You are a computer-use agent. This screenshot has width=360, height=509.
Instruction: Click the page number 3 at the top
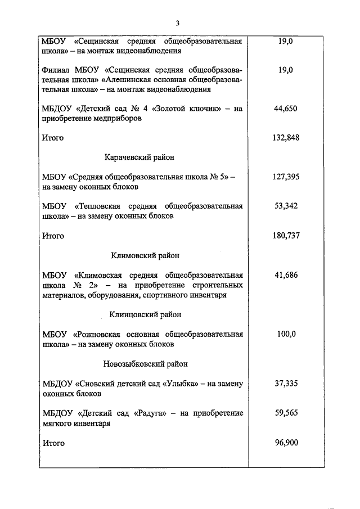pyautogui.click(x=177, y=23)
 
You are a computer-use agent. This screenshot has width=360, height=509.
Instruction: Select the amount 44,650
pyautogui.click(x=286, y=109)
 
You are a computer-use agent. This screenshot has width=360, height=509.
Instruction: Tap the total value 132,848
pyautogui.click(x=286, y=138)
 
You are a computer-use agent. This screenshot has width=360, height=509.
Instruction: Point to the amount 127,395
pyautogui.click(x=286, y=177)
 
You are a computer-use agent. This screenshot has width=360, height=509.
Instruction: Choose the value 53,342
pyautogui.click(x=286, y=206)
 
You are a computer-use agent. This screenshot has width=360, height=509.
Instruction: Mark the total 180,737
pyautogui.click(x=286, y=236)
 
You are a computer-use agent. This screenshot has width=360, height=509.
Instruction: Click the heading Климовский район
pyautogui.click(x=145, y=255)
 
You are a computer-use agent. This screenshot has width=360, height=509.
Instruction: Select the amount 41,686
pyautogui.click(x=286, y=275)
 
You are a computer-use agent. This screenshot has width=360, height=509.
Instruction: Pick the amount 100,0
pyautogui.click(x=286, y=334)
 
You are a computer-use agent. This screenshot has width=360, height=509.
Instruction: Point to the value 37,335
pyautogui.click(x=286, y=384)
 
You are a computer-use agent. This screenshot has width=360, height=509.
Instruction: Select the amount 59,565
pyautogui.click(x=286, y=413)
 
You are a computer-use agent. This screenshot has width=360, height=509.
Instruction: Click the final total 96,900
pyautogui.click(x=286, y=443)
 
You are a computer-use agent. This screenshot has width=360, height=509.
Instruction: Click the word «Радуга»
pyautogui.click(x=149, y=413)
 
